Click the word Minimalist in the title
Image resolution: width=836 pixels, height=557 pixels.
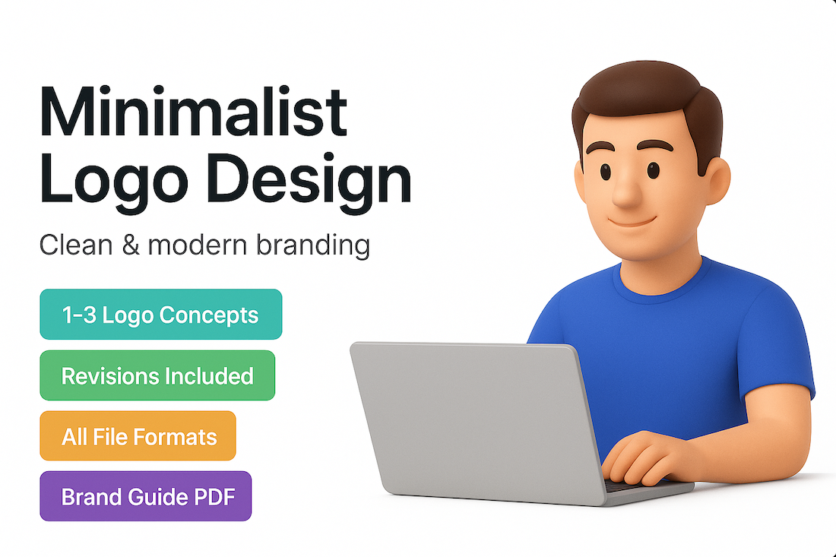tap(193, 112)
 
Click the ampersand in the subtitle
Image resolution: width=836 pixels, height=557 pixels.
tap(131, 245)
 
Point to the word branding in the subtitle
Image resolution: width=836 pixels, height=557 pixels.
tap(313, 246)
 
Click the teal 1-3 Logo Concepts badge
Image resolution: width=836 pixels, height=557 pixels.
tap(161, 315)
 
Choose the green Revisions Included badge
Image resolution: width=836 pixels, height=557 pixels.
tap(157, 375)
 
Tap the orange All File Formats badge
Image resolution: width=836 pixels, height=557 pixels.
tap(138, 435)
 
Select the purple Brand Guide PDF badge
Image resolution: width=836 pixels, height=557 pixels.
tap(146, 496)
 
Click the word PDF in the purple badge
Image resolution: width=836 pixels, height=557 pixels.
tap(214, 497)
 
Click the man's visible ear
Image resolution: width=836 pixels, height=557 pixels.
tap(715, 181)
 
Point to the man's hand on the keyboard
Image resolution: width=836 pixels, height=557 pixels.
tap(642, 458)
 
